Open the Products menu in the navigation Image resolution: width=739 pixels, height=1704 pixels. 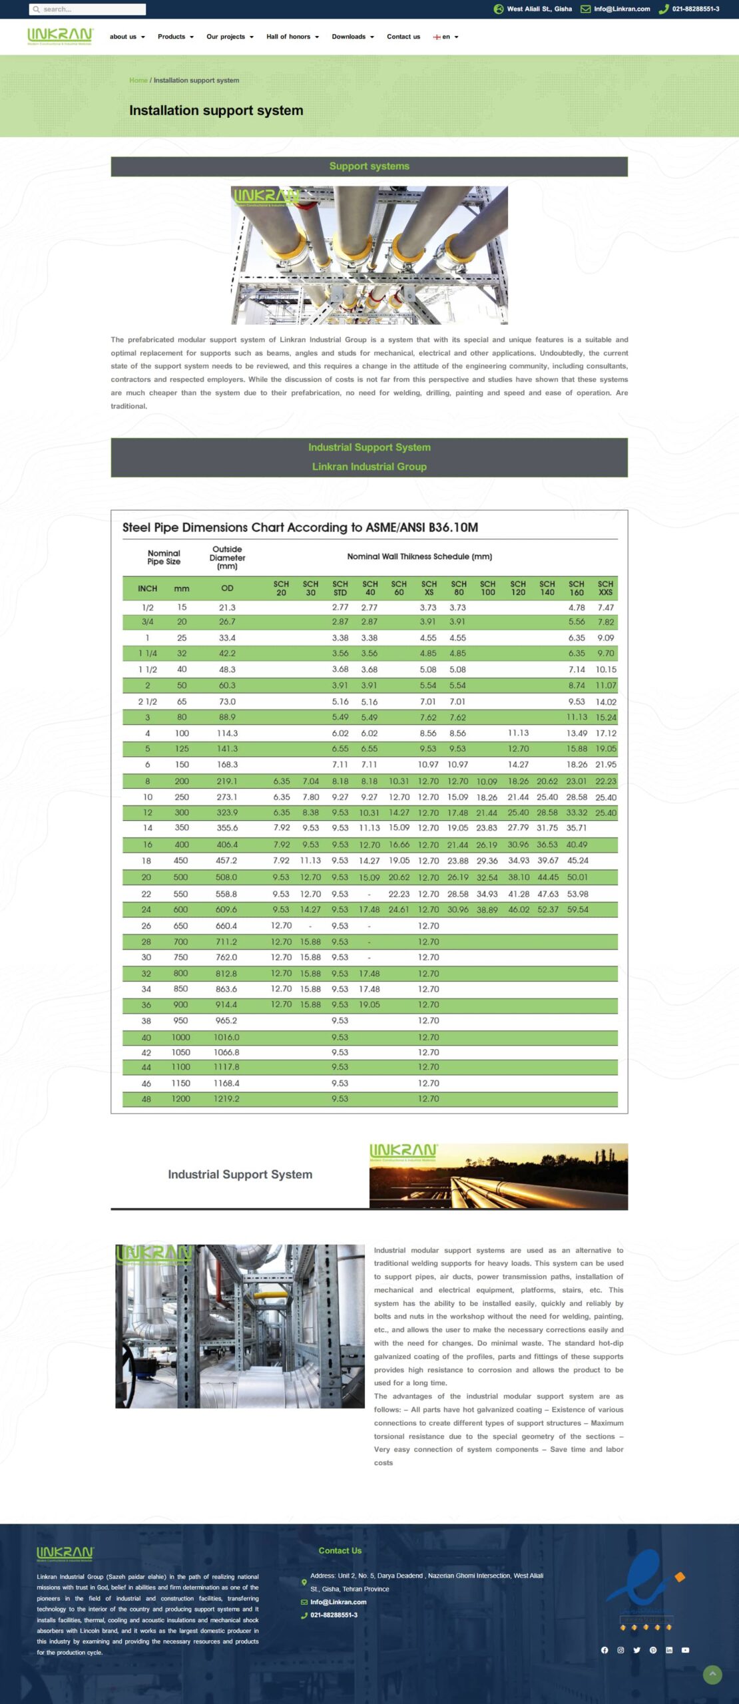click(x=175, y=37)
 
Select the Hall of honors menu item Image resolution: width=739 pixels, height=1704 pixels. click(x=292, y=37)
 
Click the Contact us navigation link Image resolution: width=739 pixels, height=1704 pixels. click(x=403, y=37)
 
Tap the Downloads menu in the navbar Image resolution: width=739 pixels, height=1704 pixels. click(x=352, y=37)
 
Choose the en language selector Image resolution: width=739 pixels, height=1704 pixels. click(x=445, y=37)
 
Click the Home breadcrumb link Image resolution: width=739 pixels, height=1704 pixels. click(x=138, y=81)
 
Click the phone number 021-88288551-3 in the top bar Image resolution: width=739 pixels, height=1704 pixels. click(x=695, y=9)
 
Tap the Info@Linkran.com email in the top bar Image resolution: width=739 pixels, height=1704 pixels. click(x=621, y=9)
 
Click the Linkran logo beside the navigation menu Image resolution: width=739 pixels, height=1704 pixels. click(x=60, y=36)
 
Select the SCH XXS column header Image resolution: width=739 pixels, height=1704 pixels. click(x=605, y=588)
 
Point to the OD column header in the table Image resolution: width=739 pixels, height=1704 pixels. click(x=227, y=588)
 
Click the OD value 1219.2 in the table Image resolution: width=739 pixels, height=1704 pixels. click(x=226, y=1099)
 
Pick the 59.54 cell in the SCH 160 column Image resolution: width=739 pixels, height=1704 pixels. click(x=577, y=909)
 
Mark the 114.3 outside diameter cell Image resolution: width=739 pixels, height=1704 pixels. click(x=227, y=733)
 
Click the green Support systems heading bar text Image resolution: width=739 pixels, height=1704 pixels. click(x=369, y=166)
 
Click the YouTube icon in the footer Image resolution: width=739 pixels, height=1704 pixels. click(x=685, y=1650)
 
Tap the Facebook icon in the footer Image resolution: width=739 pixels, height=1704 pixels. click(x=605, y=1650)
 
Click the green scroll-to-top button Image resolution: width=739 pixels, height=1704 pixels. click(x=712, y=1675)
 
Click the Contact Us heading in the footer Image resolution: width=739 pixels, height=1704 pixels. click(x=340, y=1551)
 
